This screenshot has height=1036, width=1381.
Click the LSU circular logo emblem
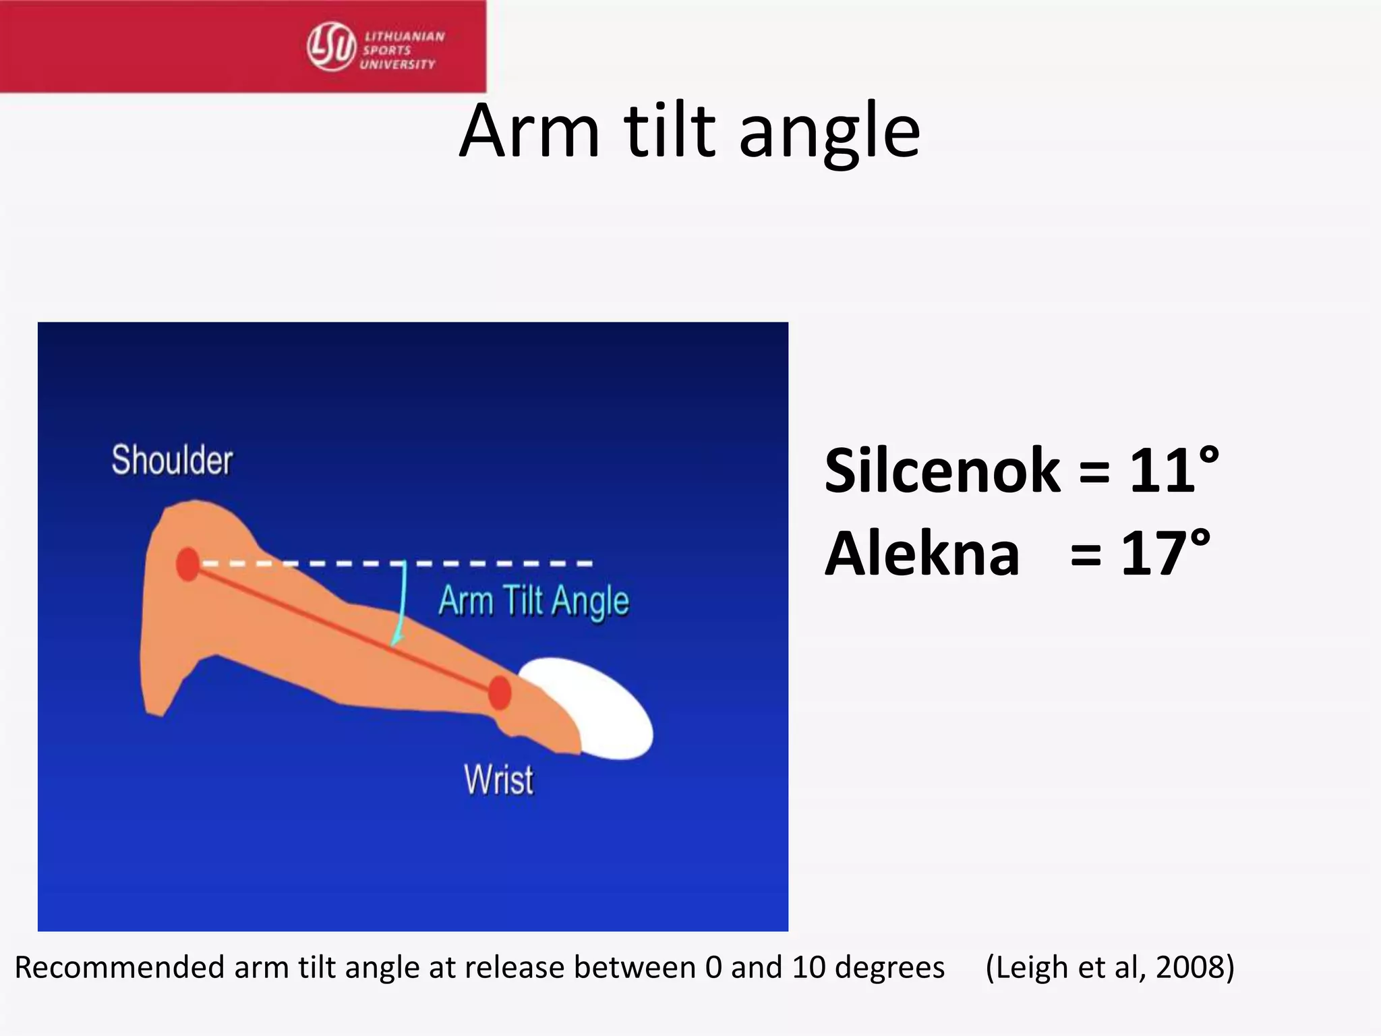coord(331,46)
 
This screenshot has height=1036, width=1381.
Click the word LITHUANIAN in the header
coord(405,36)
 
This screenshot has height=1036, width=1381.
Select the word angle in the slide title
coord(829,132)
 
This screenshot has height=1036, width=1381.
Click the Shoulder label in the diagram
coord(172,461)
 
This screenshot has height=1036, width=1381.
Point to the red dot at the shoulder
coord(188,564)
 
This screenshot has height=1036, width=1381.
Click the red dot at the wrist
coord(500,693)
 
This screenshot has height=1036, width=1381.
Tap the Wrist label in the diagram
coord(498,780)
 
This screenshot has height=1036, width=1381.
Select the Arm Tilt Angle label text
coord(533,600)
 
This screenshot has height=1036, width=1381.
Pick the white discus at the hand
coord(593,708)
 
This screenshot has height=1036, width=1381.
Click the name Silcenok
coord(942,471)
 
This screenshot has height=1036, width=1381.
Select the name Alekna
coord(922,554)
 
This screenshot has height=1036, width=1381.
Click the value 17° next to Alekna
coord(1165,554)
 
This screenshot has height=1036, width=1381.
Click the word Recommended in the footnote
coord(119,968)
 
